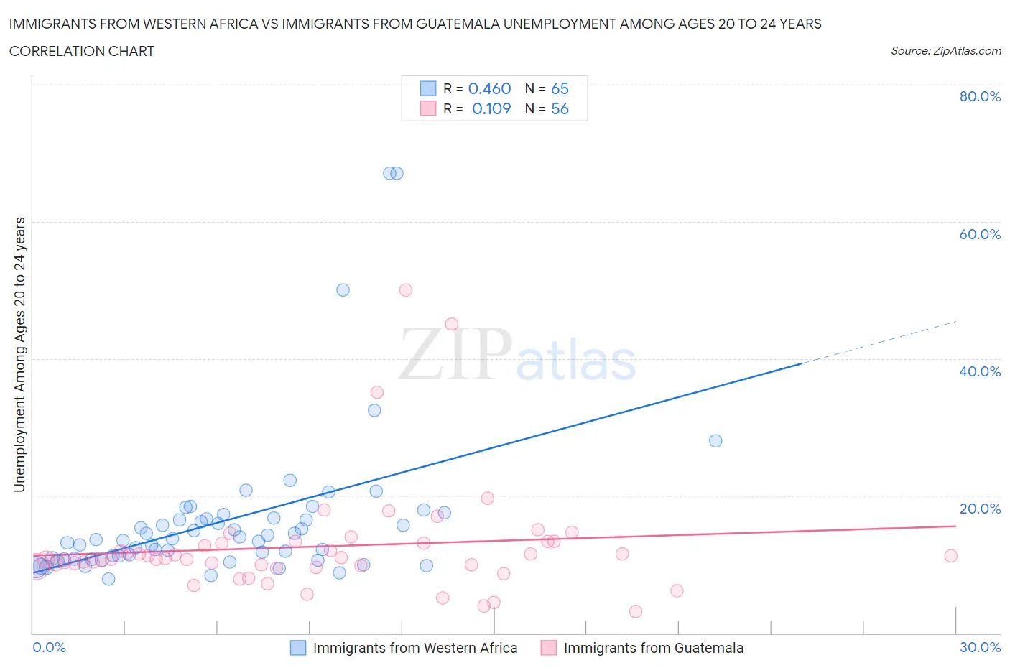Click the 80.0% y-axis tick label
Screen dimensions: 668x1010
[x=979, y=96]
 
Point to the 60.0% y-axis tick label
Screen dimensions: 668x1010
[x=979, y=234]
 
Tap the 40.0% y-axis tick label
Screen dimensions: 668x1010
[x=979, y=371]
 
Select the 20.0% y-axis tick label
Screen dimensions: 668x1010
[x=979, y=509]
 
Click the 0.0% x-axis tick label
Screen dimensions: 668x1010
[x=49, y=647]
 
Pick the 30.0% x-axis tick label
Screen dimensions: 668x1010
[x=980, y=647]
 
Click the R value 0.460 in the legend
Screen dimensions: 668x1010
[x=489, y=88]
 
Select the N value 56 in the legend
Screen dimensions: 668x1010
[x=560, y=108]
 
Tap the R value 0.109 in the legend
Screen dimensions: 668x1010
[x=491, y=108]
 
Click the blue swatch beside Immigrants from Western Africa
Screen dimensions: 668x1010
[x=298, y=648]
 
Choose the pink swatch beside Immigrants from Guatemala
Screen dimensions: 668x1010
[x=549, y=648]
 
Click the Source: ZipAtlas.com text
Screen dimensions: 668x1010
[x=945, y=51]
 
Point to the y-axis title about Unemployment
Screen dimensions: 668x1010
[x=19, y=355]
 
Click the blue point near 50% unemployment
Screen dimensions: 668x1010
[x=343, y=290]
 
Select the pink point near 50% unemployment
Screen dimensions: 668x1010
[x=405, y=290]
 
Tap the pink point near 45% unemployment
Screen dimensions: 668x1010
[x=451, y=324]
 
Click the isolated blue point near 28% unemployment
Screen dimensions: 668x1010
[x=715, y=441]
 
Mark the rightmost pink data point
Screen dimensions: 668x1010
[x=950, y=555]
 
